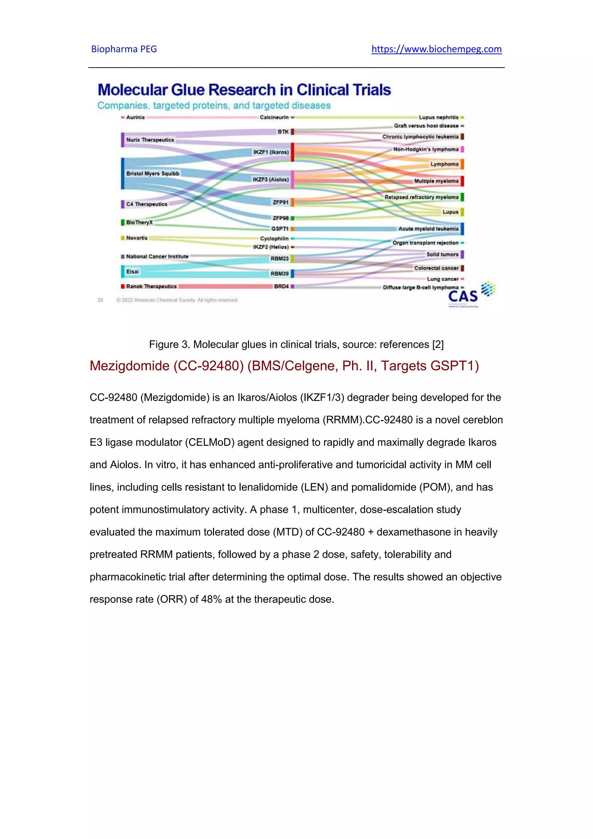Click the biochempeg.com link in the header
pyautogui.click(x=436, y=49)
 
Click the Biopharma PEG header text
pyautogui.click(x=124, y=49)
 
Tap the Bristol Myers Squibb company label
pyautogui.click(x=153, y=174)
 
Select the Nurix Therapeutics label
pyautogui.click(x=150, y=140)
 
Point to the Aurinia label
pyautogui.click(x=135, y=117)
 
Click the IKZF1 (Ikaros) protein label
pyautogui.click(x=271, y=152)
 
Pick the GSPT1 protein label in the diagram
pyautogui.click(x=280, y=229)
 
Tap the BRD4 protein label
pyautogui.click(x=281, y=287)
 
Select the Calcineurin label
pyautogui.click(x=274, y=117)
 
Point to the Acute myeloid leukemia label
pyautogui.click(x=428, y=229)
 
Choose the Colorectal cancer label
pyautogui.click(x=436, y=268)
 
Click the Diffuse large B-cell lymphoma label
pyautogui.click(x=420, y=288)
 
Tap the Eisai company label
pyautogui.click(x=132, y=271)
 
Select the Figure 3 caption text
pyautogui.click(x=296, y=344)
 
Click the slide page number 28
pyautogui.click(x=100, y=300)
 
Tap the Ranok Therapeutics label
pyautogui.click(x=151, y=287)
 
